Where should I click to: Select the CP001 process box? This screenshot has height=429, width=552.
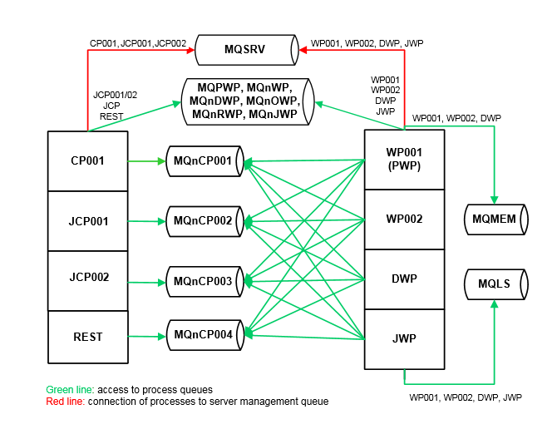[x=88, y=161]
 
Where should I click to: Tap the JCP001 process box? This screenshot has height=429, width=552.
[x=88, y=221]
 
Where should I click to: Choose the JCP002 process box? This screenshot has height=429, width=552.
[x=88, y=277]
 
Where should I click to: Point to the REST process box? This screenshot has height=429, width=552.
[x=88, y=337]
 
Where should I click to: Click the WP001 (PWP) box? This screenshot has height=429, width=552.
[x=404, y=160]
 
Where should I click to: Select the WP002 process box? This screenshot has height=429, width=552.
[x=404, y=219]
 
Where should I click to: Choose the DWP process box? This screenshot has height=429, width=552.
[x=404, y=279]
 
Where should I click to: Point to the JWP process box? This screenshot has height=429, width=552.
[x=404, y=339]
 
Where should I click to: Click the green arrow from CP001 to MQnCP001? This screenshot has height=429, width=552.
[x=146, y=161]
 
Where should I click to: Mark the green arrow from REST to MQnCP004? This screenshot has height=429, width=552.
[x=146, y=337]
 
